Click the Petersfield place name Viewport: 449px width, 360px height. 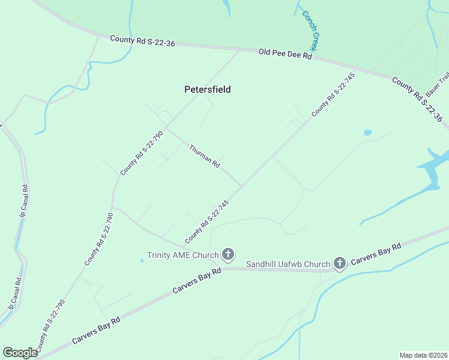pos(207,89)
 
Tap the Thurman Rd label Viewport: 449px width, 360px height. pos(205,156)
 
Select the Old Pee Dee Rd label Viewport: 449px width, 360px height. pos(285,54)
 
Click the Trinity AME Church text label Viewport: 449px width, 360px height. pos(183,256)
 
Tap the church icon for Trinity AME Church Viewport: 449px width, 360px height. pos(228,255)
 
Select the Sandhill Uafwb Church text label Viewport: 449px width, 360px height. pos(288,264)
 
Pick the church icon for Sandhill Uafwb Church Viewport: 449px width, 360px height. pos(340,263)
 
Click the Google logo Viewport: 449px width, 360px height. pos(20,353)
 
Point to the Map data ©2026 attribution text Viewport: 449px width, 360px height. pos(423,355)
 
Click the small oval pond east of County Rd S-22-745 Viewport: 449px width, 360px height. pos(367,133)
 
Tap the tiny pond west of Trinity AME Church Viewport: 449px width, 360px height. pos(142,260)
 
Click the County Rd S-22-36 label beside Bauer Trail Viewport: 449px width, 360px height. pos(417,100)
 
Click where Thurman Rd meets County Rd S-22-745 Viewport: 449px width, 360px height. pos(242,186)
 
